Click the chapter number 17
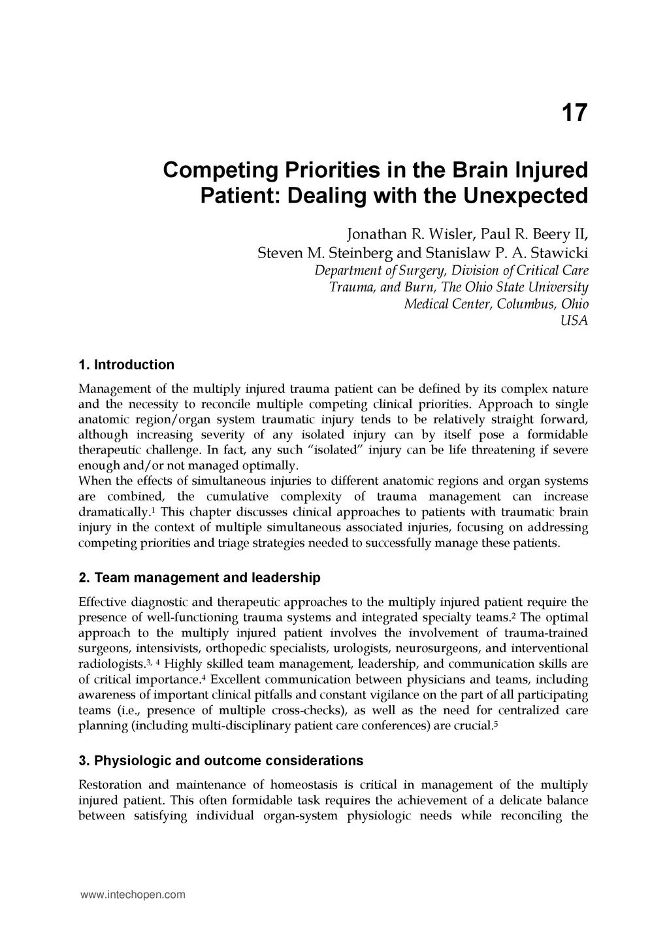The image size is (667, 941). tap(574, 113)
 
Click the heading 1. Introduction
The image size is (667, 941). tap(126, 365)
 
